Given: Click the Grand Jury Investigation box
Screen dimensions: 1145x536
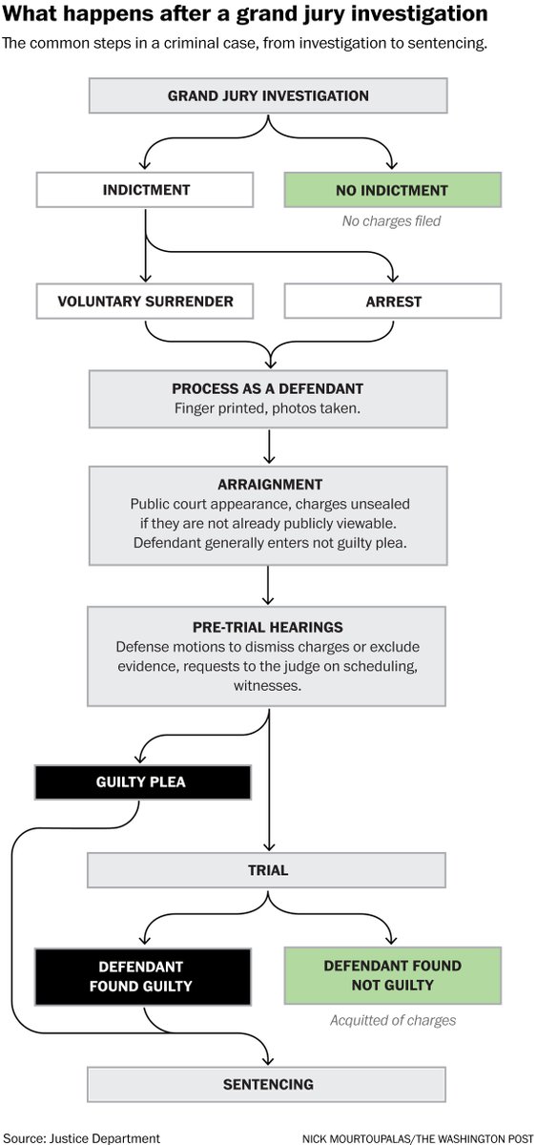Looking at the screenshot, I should pos(268,95).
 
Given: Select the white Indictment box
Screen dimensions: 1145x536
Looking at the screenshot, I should pos(146,190).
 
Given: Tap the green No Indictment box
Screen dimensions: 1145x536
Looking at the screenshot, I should pos(391,190).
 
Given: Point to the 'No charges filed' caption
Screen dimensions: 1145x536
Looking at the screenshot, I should pos(391,221).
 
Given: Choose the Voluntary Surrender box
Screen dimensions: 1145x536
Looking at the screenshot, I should pos(146,302).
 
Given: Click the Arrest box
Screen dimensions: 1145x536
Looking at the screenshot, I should pos(391,302).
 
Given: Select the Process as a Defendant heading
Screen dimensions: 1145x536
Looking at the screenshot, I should pos(268,389).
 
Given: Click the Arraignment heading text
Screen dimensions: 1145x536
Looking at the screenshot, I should pos(268,484).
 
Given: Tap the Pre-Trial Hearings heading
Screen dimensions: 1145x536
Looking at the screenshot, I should pos(268,627).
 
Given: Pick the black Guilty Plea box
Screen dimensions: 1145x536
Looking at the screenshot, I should pos(142,781).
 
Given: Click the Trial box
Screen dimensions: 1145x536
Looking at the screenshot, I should pos(268,870).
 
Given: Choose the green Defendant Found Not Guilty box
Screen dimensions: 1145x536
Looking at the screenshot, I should pos(391,975).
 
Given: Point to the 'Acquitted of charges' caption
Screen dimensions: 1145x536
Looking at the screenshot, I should pos(391,1020).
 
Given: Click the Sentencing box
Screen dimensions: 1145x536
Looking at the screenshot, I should pos(268,1084).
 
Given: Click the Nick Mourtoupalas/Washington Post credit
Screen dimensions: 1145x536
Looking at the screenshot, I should pos(417,1137).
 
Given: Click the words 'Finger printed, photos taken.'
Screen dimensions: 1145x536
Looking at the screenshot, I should pos(268,408).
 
